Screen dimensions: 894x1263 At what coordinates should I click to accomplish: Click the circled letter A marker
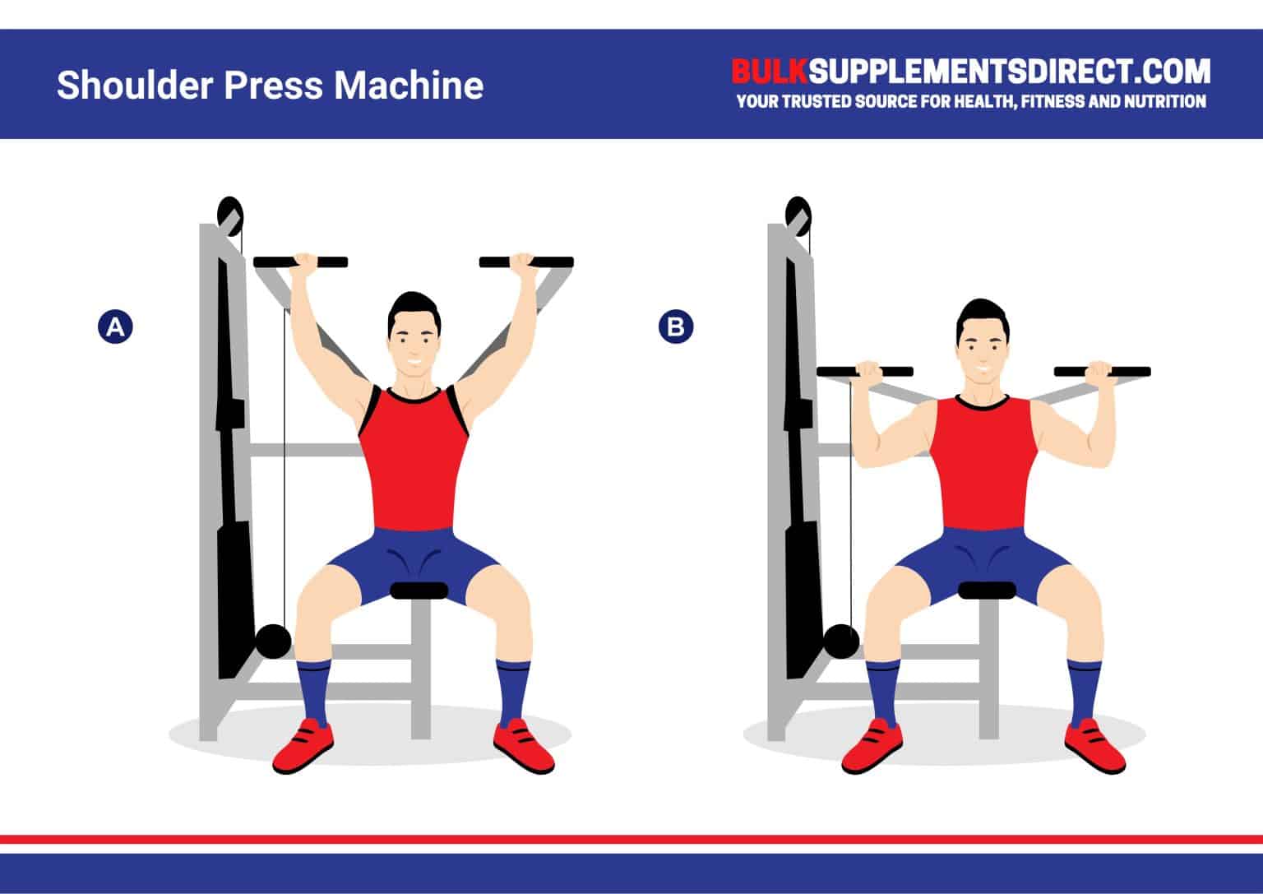[115, 327]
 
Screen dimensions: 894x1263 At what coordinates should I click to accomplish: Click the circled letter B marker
[676, 327]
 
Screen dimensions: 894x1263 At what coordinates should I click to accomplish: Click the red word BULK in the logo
[770, 72]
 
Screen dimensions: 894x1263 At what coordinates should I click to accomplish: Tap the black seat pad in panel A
[419, 591]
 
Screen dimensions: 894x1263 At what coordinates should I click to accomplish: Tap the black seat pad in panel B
[988, 591]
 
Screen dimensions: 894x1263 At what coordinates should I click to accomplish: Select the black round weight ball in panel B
[840, 642]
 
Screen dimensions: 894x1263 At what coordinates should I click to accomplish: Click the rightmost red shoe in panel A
[523, 744]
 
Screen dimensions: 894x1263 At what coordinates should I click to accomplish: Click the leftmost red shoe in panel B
[872, 744]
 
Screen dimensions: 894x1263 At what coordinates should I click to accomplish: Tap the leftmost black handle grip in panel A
[280, 262]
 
